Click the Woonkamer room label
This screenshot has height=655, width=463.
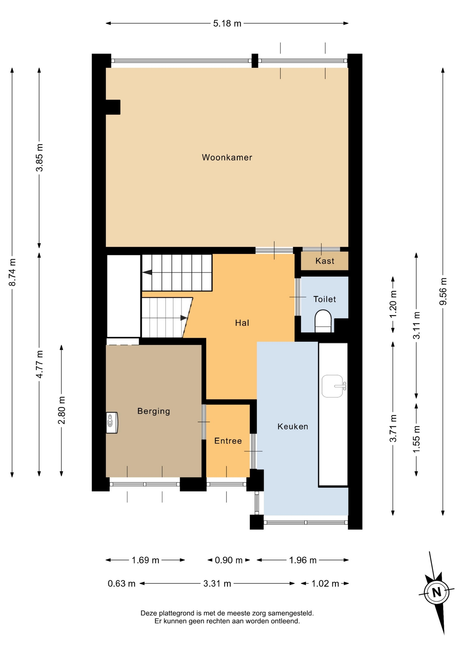227,157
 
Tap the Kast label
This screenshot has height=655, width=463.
325,261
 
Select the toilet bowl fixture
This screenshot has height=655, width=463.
323,321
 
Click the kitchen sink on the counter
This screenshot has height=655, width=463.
334,386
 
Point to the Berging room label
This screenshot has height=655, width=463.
153,411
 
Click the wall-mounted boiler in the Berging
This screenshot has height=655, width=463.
111,423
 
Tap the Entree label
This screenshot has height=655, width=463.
228,441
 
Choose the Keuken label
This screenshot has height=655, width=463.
293,426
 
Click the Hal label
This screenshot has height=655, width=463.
242,323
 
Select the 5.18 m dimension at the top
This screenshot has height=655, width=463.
227,23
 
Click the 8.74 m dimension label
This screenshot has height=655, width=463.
12,272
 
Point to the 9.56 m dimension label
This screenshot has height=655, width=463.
443,291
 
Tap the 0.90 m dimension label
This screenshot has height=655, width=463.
228,560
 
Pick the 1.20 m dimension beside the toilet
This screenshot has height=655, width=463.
393,304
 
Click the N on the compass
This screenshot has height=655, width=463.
436,592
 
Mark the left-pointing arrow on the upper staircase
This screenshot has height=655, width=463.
147,273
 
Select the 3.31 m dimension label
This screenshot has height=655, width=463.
217,584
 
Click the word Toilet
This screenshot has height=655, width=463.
325,299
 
